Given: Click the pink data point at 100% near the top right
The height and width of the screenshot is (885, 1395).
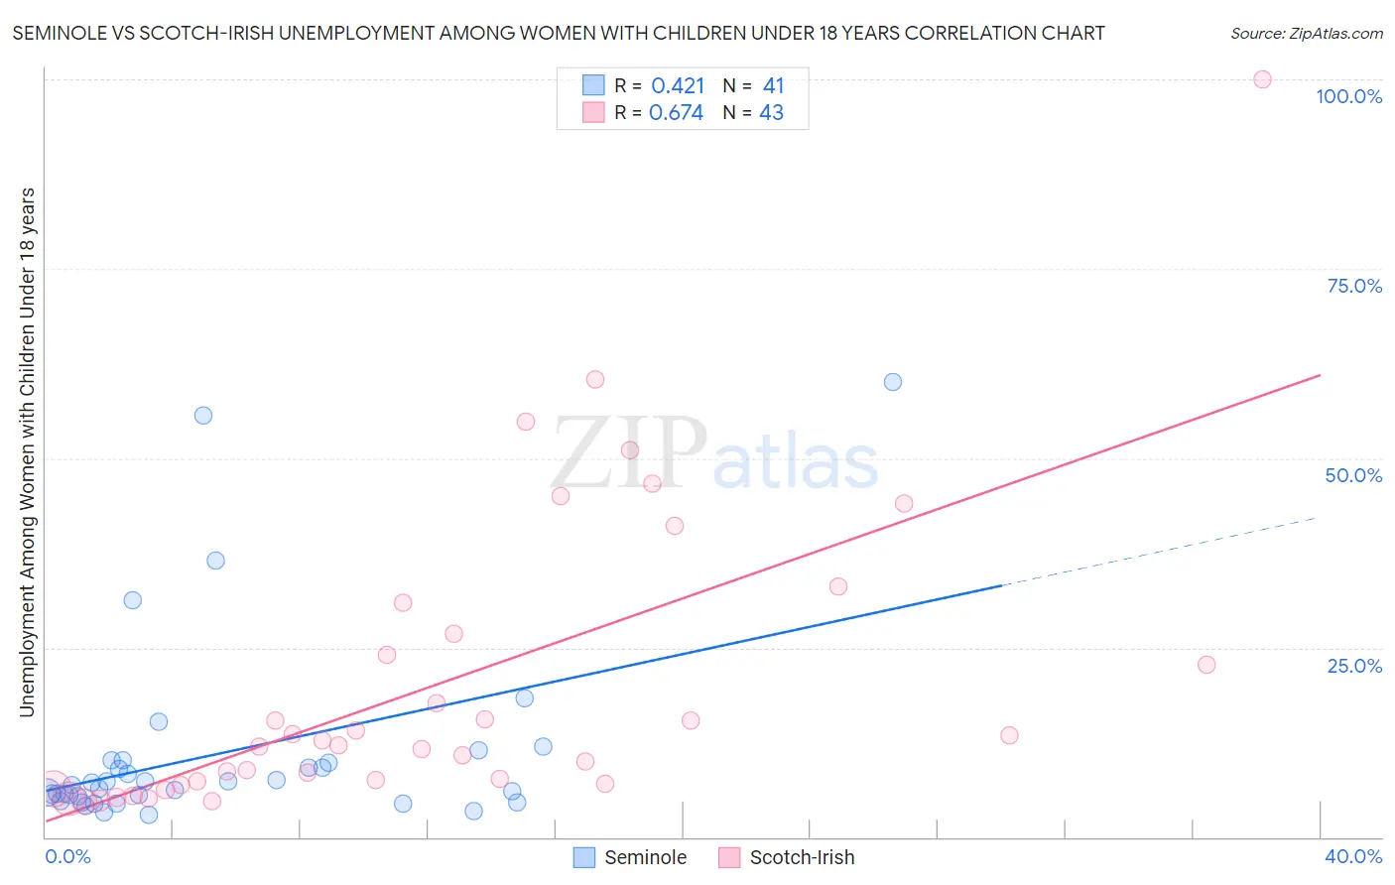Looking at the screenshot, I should tap(1262, 79).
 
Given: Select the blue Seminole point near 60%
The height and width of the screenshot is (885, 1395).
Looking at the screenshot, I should tap(893, 382).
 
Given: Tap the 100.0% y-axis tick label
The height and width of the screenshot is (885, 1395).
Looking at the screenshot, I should tap(1348, 96).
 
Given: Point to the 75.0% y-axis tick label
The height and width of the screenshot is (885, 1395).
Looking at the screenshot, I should tap(1354, 286).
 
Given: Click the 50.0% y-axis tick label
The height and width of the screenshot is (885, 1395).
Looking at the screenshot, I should tap(1353, 475).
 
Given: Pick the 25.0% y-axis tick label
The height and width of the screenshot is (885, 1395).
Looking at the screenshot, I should tap(1354, 666).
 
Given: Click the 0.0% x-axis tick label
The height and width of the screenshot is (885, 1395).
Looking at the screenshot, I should tap(67, 856).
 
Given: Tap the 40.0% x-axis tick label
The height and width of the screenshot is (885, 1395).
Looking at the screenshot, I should tap(1353, 856).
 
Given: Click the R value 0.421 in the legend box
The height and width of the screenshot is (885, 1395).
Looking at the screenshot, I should tap(678, 85).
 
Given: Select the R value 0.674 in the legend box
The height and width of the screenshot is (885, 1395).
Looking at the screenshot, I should tap(676, 113).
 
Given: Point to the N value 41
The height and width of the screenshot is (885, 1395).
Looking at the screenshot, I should tap(773, 85).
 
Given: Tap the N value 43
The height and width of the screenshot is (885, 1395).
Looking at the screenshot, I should tap(771, 113).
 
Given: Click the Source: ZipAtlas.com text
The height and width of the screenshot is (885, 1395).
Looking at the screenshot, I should tap(1306, 33).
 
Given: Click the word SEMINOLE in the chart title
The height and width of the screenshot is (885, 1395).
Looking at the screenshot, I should tap(63, 33).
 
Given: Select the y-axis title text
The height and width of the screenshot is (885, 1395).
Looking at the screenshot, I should tap(27, 451).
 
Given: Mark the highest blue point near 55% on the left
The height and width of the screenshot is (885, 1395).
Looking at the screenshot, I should tap(203, 416).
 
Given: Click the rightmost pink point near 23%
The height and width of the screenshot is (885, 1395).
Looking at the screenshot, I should tap(1206, 665).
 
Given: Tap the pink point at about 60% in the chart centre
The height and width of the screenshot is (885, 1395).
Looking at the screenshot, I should tap(595, 379).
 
